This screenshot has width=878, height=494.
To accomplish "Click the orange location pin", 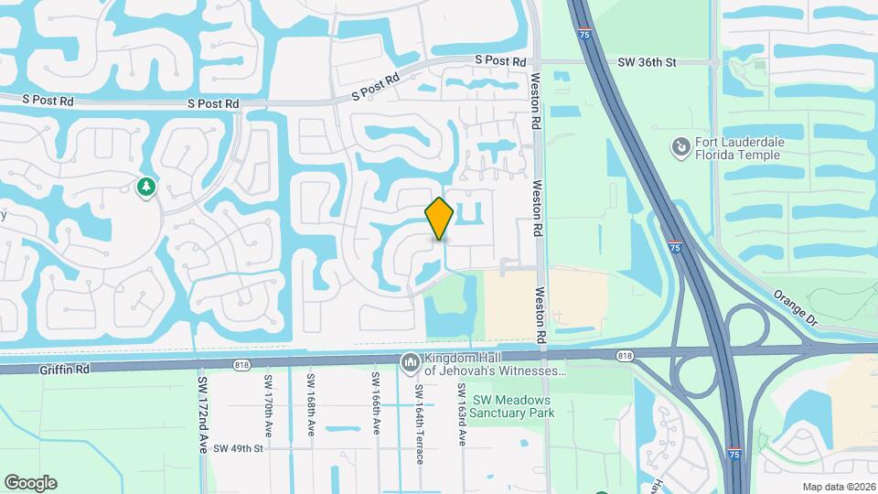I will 440,218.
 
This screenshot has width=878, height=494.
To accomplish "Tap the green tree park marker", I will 145,188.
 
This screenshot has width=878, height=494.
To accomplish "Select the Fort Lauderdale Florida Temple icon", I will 680,147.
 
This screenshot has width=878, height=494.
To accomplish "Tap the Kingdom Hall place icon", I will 409,363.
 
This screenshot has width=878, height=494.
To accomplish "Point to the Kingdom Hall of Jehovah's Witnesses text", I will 494,365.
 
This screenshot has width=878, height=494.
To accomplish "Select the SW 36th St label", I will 647,62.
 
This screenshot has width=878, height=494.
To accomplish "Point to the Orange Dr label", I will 793,308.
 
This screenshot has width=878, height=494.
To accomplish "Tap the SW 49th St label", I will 238,449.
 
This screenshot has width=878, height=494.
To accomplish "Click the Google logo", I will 30,483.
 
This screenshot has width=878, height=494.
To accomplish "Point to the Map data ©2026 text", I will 838,487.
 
